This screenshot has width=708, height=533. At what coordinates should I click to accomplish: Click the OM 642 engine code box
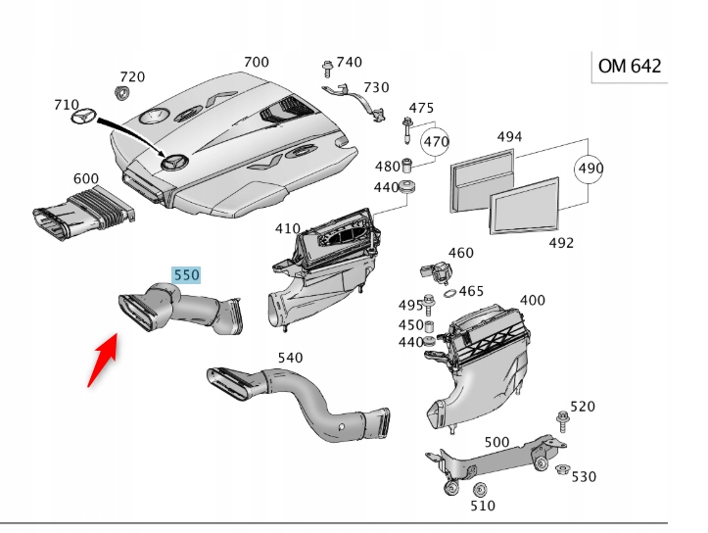coord(630,67)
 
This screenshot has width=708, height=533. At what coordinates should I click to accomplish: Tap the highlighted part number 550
coord(186,275)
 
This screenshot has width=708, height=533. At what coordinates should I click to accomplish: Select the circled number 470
coord(436,142)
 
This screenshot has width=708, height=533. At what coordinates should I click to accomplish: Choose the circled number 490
coord(590,169)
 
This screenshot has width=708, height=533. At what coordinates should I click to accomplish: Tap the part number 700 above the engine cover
coord(256,62)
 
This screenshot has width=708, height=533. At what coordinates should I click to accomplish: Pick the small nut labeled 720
coord(123,94)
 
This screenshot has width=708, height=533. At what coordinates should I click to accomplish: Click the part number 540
coord(291,358)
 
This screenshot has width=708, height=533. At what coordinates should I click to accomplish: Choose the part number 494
coord(509,137)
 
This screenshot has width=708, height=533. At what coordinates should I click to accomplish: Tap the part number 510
coord(483,506)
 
